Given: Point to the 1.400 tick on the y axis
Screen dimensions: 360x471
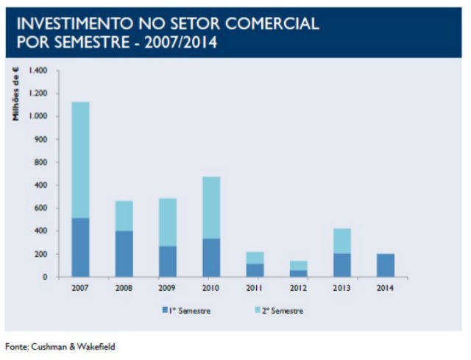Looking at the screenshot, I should coord(38,71).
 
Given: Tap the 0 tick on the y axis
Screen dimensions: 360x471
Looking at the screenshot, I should coord(46,277).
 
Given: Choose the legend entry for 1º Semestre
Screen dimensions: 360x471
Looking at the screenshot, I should coord(189,311).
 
